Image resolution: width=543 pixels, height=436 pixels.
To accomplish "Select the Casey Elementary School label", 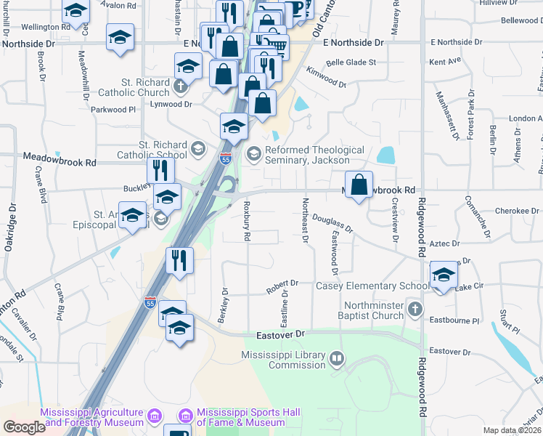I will coord(372,286).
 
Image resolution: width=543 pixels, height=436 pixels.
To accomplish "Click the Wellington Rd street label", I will coord(46,27).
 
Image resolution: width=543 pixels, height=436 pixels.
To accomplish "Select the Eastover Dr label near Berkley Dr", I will coord(282,335).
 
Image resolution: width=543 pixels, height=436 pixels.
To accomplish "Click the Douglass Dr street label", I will coord(332,223).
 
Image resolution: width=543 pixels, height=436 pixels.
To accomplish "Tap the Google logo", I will coord(24,427).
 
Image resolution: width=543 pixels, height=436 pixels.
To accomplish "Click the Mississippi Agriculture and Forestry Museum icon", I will coord(154,416).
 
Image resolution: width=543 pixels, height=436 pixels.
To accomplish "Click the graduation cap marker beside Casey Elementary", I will coord(443,275).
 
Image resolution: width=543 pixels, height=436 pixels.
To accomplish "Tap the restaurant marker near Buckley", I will coord(160,171).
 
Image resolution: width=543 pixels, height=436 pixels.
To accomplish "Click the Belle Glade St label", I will coord(351,62).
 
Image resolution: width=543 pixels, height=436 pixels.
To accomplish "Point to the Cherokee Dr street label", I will coord(517,211).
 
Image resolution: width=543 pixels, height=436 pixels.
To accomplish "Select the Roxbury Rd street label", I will coord(247,221).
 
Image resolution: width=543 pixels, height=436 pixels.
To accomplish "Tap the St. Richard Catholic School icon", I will coord(197,150).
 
